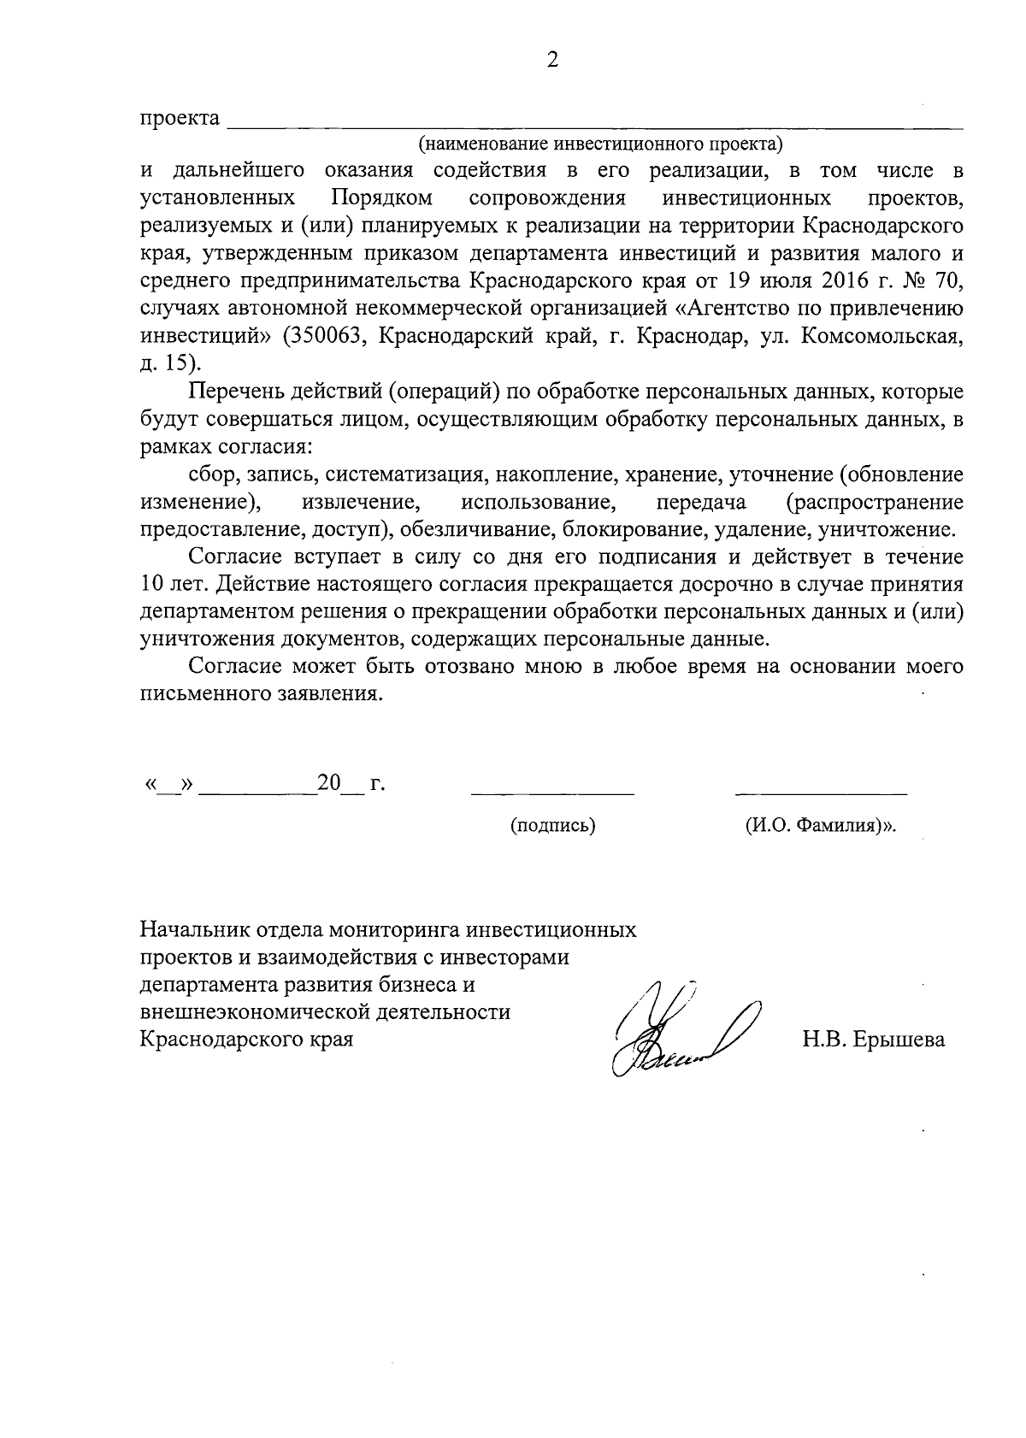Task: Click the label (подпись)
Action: click(x=552, y=826)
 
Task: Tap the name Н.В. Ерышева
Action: click(x=873, y=1040)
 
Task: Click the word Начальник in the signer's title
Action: click(x=194, y=929)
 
